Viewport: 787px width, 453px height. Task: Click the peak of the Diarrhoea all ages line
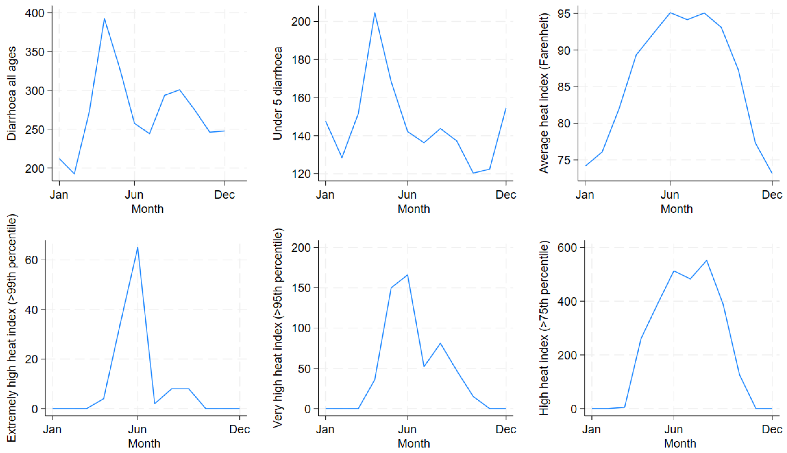coord(104,18)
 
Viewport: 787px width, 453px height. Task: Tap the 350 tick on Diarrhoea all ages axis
coord(35,52)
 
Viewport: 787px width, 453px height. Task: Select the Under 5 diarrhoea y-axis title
coord(277,93)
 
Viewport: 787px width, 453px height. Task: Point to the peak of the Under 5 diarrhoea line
coord(374,13)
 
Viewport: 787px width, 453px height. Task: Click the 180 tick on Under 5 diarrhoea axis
coord(301,60)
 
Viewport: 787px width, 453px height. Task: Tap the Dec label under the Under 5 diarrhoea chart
coord(506,195)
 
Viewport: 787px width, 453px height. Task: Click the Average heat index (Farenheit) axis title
coord(544,93)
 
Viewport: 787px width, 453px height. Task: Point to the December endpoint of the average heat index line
coord(772,173)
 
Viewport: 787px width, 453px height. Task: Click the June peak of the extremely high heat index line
coord(137,248)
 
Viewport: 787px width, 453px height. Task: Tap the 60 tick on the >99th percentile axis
coord(31,260)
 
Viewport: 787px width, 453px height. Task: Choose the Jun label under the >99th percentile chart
coord(137,429)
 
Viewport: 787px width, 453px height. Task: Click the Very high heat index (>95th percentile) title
coord(278,328)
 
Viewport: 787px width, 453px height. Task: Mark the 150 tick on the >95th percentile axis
coord(301,288)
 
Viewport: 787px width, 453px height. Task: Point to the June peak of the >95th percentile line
coord(407,275)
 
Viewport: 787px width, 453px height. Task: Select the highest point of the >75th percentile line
coord(707,261)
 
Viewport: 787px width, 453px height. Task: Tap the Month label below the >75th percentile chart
coord(680,443)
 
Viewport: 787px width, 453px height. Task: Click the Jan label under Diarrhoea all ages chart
coord(59,195)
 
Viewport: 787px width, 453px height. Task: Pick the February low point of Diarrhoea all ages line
coord(74,174)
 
